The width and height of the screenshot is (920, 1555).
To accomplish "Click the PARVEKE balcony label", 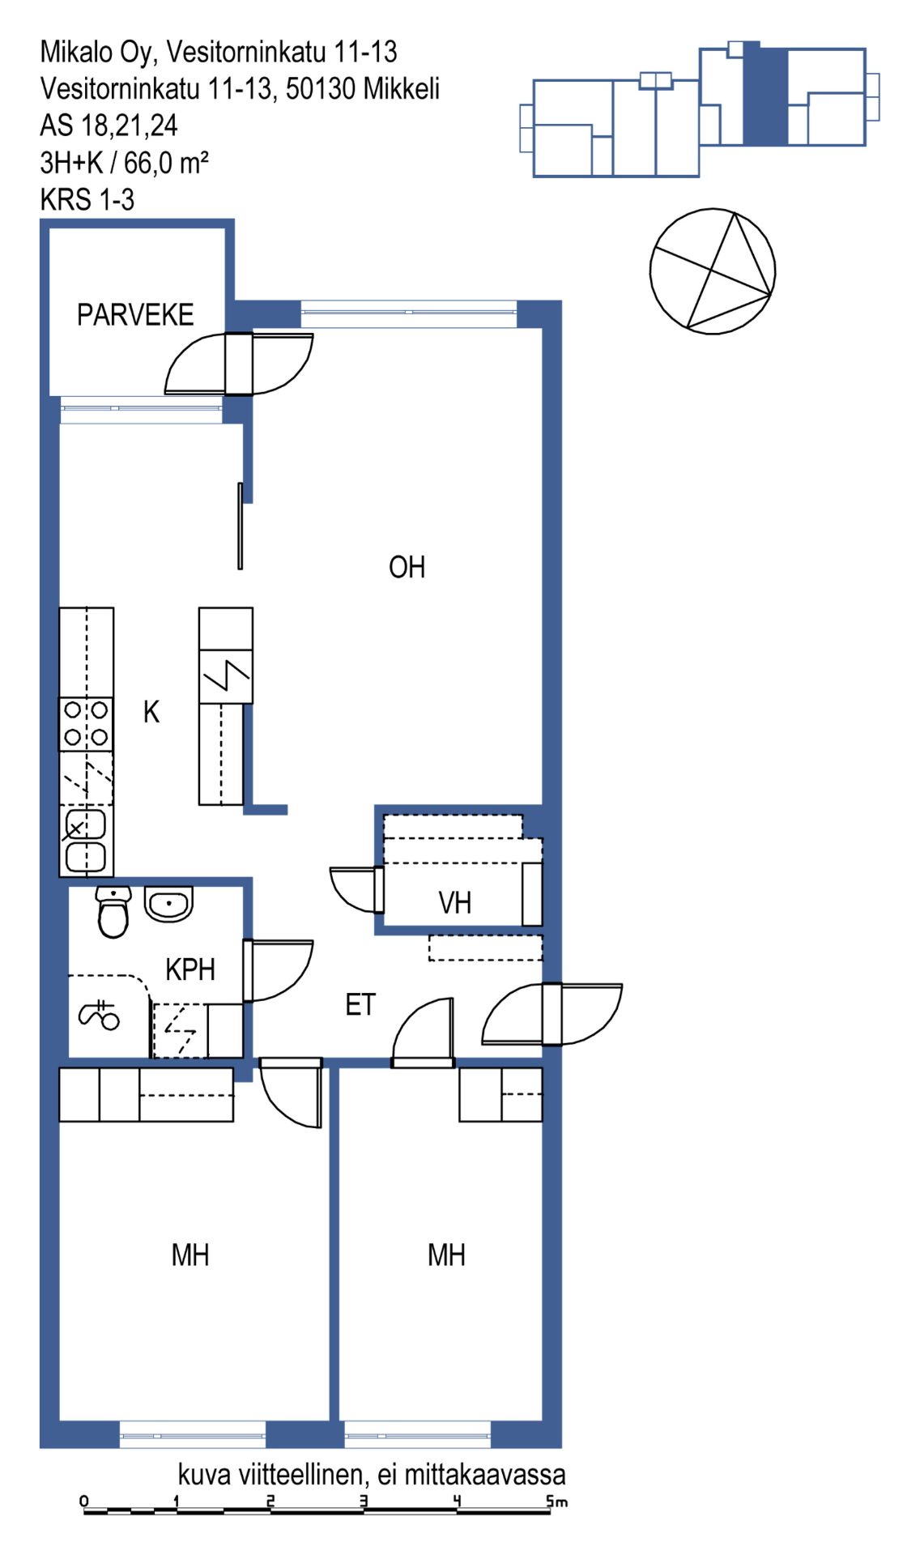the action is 135,314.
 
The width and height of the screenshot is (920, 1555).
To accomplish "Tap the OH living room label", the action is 407,567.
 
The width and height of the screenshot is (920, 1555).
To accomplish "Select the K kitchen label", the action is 151,712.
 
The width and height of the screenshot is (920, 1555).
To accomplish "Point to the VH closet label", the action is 454,902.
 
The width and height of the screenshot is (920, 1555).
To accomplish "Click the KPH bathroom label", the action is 190,969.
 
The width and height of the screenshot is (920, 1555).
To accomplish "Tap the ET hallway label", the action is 360,1004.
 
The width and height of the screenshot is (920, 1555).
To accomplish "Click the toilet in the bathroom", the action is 113,912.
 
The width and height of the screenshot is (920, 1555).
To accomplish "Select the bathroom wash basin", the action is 168,903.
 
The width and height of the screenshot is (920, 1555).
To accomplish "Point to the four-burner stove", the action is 86,724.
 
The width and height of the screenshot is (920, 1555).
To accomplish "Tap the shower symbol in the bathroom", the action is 99,1015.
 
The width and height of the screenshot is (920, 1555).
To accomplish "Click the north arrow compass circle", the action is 713,271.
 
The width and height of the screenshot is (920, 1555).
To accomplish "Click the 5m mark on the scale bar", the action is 556,1502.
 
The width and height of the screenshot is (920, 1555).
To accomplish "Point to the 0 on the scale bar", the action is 84,1501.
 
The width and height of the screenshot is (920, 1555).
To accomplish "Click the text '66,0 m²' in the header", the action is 166,163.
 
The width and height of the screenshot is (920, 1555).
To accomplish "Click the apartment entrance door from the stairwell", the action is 552,1014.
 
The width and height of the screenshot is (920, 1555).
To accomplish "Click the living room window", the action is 409,312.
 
